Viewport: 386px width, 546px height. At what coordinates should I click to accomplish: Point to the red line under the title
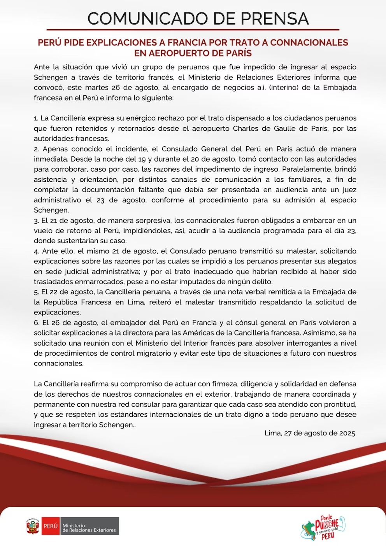193,30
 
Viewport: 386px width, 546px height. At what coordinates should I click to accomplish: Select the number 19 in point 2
142,159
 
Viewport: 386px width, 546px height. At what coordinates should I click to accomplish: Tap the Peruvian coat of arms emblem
33,526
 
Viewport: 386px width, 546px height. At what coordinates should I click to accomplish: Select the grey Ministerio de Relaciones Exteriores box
89,526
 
